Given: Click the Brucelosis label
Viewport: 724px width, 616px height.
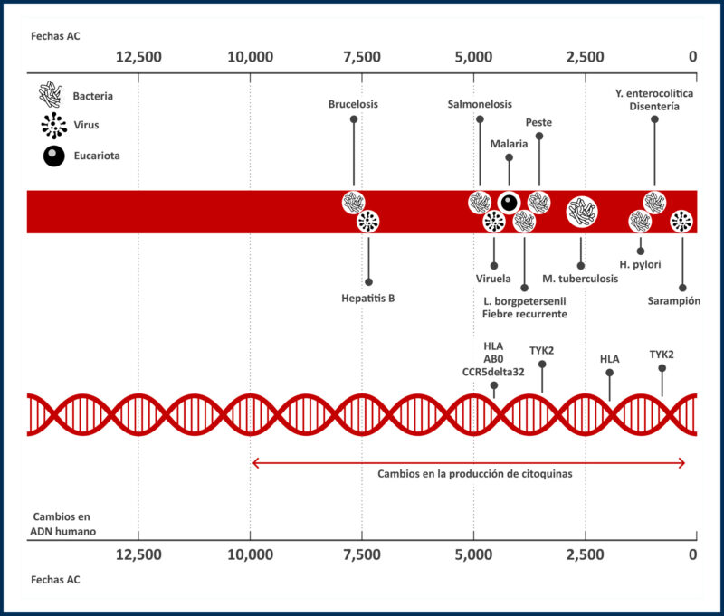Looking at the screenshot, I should coord(353,104).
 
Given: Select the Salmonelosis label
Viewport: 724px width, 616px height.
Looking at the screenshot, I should coord(480,104).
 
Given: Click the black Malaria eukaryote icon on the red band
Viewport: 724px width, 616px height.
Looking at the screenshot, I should coord(509,203).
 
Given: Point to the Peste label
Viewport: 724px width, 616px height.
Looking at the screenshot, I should coord(538,122).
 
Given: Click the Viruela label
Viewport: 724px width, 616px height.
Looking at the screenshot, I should coord(493,278).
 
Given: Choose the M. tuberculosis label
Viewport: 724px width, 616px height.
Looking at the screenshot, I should coord(580,278).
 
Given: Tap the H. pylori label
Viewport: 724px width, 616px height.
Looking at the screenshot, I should coord(640,264).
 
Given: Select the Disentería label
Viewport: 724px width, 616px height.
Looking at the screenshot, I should coord(654,108).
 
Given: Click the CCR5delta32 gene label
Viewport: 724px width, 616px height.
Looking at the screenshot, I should coord(493,370).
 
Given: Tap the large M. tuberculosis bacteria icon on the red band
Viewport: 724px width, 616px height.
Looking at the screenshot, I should coord(581,213).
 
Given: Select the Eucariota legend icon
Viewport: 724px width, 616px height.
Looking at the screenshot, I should coord(53,156).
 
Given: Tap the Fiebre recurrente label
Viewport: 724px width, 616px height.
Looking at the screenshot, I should coord(525,314).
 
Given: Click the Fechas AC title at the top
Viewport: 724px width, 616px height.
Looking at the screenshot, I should coord(55,36).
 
